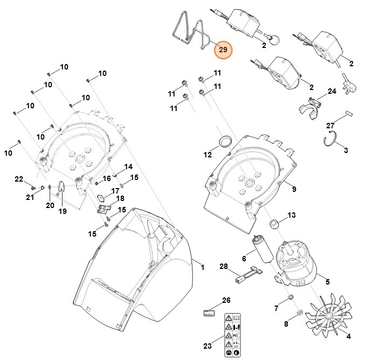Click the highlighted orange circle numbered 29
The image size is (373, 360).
pyautogui.click(x=223, y=50)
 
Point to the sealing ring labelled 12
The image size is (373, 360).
pyautogui.click(x=225, y=142)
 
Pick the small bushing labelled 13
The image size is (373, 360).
pyautogui.click(x=274, y=223)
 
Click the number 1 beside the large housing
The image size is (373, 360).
pyautogui.click(x=203, y=267)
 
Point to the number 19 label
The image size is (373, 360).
pyautogui.click(x=63, y=211)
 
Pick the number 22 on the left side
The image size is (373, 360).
pyautogui.click(x=19, y=179)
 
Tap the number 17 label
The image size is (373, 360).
pyautogui.click(x=115, y=191)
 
